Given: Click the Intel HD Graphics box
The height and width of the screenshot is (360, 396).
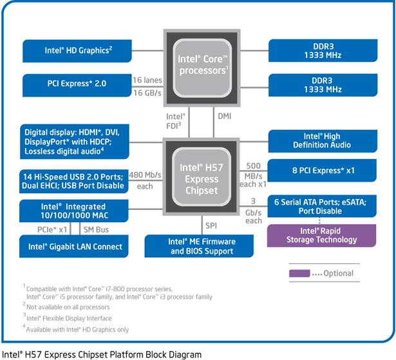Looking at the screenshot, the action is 77,51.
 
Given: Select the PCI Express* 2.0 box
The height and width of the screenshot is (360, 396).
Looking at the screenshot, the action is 77,85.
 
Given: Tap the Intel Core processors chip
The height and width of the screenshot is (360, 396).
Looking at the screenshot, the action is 202,68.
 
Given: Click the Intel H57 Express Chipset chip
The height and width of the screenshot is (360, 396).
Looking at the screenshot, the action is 201,176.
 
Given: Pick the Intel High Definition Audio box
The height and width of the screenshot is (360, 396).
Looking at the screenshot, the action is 323,141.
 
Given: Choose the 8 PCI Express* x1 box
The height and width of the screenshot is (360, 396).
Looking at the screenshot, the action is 322,170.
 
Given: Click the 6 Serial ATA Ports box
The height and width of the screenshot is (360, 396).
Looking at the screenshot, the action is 322,206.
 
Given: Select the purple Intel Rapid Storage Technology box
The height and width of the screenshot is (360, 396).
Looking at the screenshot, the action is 321,236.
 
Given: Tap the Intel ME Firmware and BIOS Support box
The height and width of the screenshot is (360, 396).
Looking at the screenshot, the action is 199,246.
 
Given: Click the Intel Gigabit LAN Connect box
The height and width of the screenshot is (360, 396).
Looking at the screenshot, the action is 74,246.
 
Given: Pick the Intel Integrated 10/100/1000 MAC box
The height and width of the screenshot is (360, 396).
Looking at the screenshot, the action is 74,211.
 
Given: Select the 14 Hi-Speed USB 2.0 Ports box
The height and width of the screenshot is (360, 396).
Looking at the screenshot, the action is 74,181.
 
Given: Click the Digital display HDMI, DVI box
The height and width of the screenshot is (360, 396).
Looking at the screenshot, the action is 75,142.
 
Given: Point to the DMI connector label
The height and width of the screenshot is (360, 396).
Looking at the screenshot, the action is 224,116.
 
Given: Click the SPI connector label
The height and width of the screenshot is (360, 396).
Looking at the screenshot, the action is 211,225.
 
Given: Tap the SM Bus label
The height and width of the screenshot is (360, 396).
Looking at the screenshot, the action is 96,230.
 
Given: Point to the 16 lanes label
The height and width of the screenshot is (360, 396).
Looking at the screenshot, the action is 147,80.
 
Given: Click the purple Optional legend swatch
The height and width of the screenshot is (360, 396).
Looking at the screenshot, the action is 299,273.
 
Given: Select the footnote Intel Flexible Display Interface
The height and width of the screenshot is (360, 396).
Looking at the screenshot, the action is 69,318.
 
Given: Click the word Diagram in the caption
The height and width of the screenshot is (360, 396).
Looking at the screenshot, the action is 185,354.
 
